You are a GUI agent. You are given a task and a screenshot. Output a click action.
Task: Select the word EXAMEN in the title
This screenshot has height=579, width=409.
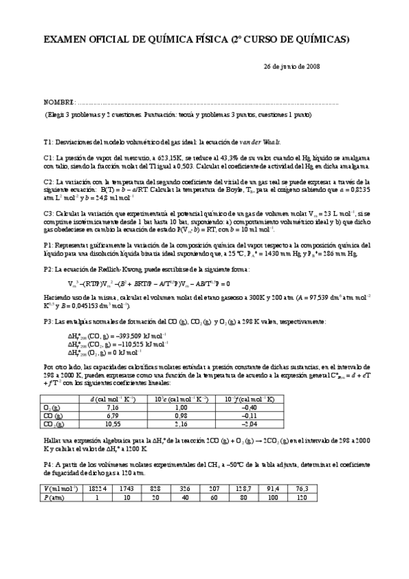point(66,41)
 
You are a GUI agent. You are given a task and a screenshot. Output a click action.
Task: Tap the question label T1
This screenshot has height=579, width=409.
point(47,141)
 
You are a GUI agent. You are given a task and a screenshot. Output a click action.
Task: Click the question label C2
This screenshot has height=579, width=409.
point(48,182)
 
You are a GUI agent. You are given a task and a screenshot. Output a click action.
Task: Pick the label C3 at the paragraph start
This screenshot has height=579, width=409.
point(48,214)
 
